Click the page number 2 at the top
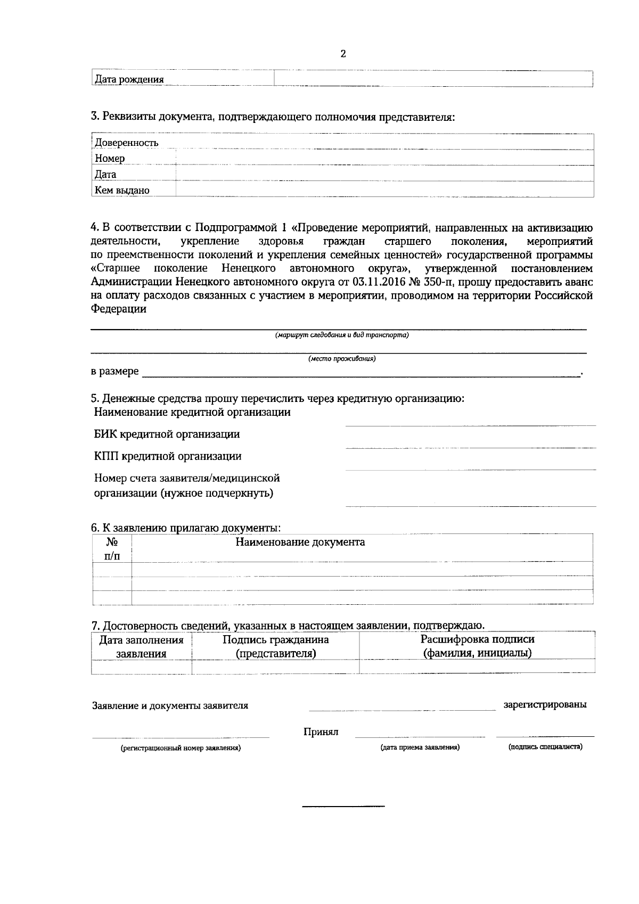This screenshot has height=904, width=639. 343,54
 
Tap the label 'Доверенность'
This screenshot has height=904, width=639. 127,143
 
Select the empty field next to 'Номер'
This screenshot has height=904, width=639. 384,158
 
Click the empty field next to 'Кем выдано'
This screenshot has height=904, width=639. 384,190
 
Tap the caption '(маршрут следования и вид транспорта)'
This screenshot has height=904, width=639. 342,335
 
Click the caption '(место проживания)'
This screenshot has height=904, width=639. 342,359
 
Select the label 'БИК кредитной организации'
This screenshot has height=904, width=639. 167,434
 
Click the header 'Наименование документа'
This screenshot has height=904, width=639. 300,543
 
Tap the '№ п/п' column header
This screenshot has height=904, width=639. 112,549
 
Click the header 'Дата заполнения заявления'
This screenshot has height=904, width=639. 142,647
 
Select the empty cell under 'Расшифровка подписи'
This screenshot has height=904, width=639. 477,667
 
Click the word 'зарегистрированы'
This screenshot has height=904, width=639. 545,705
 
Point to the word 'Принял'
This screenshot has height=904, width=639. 321,732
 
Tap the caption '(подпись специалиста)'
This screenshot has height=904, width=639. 545,747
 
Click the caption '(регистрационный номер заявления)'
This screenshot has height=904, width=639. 181,748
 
